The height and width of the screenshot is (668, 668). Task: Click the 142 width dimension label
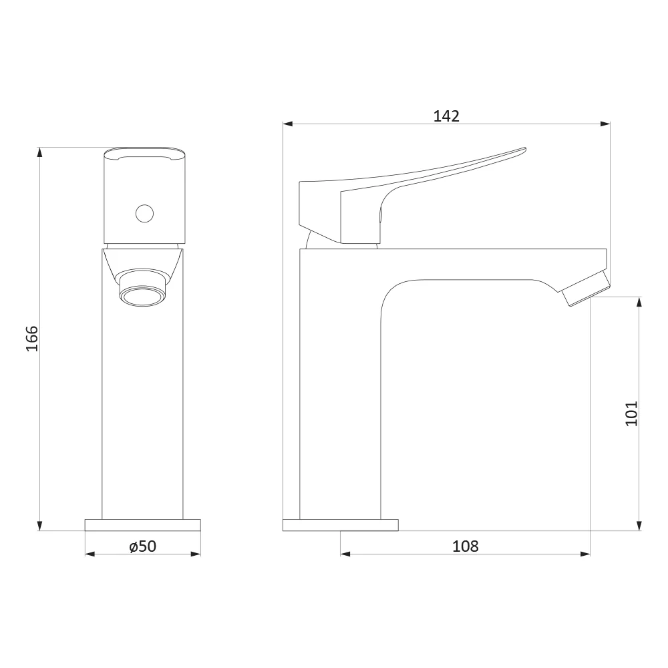[446, 116]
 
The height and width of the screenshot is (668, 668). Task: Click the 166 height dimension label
[32, 339]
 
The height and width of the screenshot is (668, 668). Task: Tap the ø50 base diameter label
[143, 546]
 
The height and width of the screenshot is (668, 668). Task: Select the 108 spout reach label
[465, 546]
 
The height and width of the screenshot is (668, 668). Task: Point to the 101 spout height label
[631, 413]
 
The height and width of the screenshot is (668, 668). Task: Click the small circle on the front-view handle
[144, 214]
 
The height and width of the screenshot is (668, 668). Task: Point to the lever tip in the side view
[524, 149]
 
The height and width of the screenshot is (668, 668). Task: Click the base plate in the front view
[143, 525]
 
